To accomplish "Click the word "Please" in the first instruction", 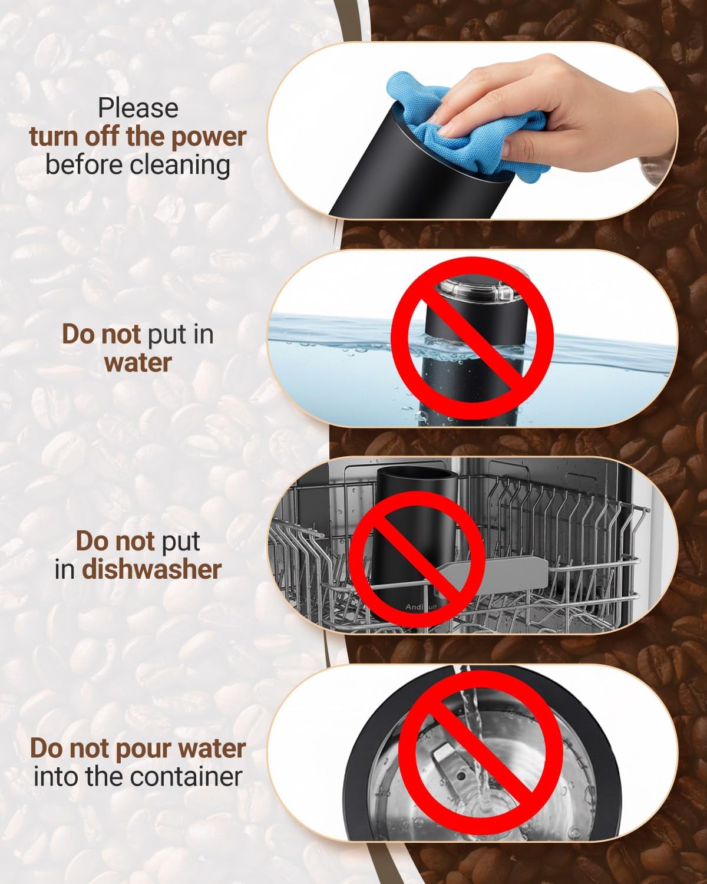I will [138, 108].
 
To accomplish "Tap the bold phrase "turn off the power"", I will [138, 136].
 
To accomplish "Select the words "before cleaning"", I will [138, 164].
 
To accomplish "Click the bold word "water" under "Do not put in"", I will [138, 362].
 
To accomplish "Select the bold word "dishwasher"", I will [151, 569].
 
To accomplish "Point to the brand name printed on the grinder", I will [419, 606].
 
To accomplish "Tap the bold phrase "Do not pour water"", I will [138, 748].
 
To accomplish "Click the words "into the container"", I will [138, 776].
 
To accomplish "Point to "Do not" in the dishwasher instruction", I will [115, 541].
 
